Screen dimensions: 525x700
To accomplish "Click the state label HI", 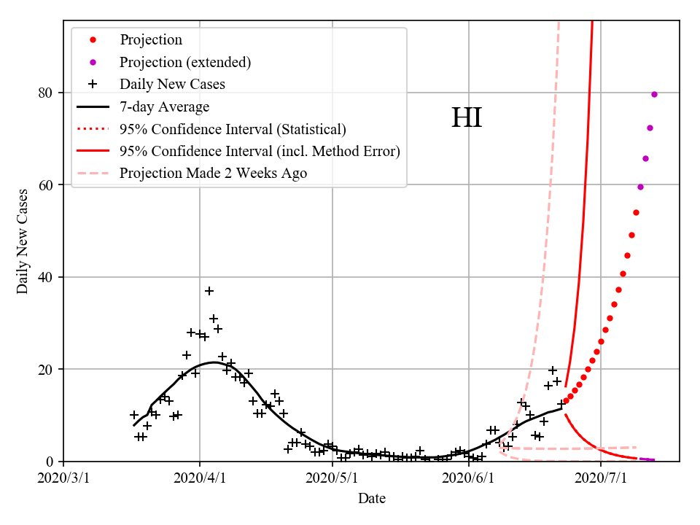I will [x=467, y=118].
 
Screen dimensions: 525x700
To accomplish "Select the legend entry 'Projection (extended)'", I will [x=185, y=62].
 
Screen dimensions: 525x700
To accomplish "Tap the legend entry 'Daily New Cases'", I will [x=172, y=84].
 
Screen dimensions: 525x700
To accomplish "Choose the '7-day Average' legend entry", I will [x=164, y=106].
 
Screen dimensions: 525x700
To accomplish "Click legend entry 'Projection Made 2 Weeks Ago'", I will [x=213, y=173].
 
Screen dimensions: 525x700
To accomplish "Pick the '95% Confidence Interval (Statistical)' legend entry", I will [x=233, y=129].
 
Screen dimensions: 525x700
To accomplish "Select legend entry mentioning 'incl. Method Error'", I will [x=260, y=151].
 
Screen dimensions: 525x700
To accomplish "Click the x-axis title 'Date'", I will [x=372, y=499].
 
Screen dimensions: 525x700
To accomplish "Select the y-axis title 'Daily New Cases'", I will [x=23, y=241].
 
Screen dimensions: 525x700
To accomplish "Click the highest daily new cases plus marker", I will [x=209, y=291].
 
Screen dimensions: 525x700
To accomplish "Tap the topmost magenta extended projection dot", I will [x=654, y=94].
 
